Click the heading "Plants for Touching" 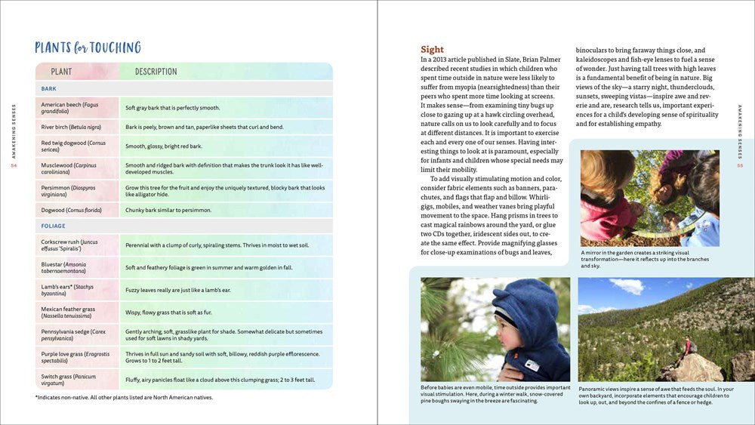coord(88,48)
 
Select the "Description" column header coord(156,72)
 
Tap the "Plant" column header coord(61,72)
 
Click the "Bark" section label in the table coord(49,89)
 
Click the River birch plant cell coord(71,127)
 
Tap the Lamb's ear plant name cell coord(68,291)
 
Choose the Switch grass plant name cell coord(69,380)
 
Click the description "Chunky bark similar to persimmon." coord(168,210)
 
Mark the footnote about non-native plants coord(124,398)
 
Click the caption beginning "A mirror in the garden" coord(645,259)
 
